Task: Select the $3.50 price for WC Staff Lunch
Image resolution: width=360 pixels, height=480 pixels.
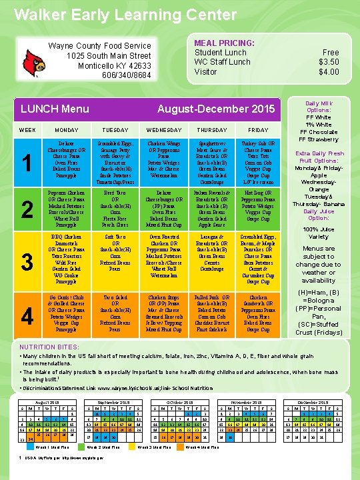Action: point(329,62)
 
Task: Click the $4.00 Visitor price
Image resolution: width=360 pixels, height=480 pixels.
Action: point(329,72)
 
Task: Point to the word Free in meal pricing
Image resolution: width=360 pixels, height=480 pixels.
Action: point(331,52)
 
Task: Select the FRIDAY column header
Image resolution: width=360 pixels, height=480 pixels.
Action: point(258,129)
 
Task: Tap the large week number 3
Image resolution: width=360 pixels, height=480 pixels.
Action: point(27,262)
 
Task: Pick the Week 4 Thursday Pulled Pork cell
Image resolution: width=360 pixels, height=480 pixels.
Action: point(217,311)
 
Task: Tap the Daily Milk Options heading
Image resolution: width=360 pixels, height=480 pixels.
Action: point(324,109)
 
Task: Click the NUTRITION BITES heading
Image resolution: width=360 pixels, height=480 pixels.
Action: point(50,347)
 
